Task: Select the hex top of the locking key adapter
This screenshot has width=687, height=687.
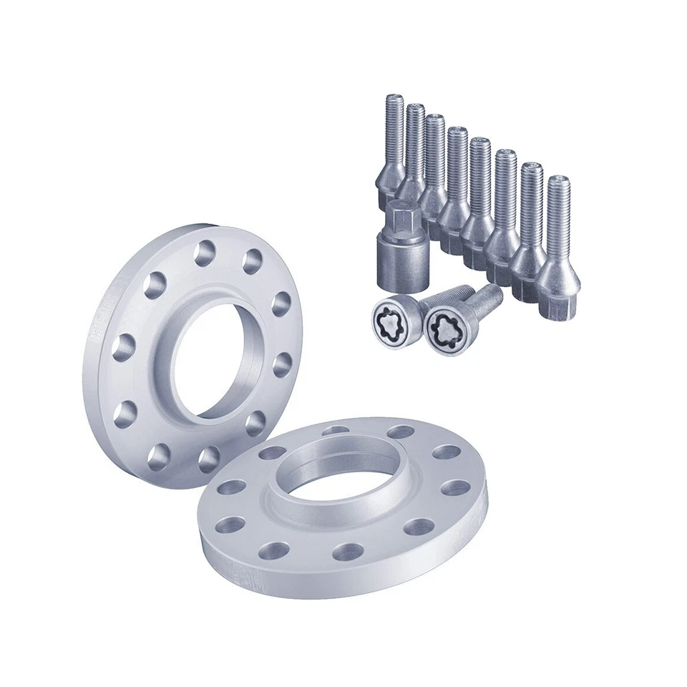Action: (x=398, y=213)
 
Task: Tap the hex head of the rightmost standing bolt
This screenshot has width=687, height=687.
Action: (x=560, y=308)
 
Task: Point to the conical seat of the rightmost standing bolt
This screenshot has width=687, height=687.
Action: (x=559, y=276)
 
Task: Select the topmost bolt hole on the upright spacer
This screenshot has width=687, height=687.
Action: (x=206, y=251)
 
